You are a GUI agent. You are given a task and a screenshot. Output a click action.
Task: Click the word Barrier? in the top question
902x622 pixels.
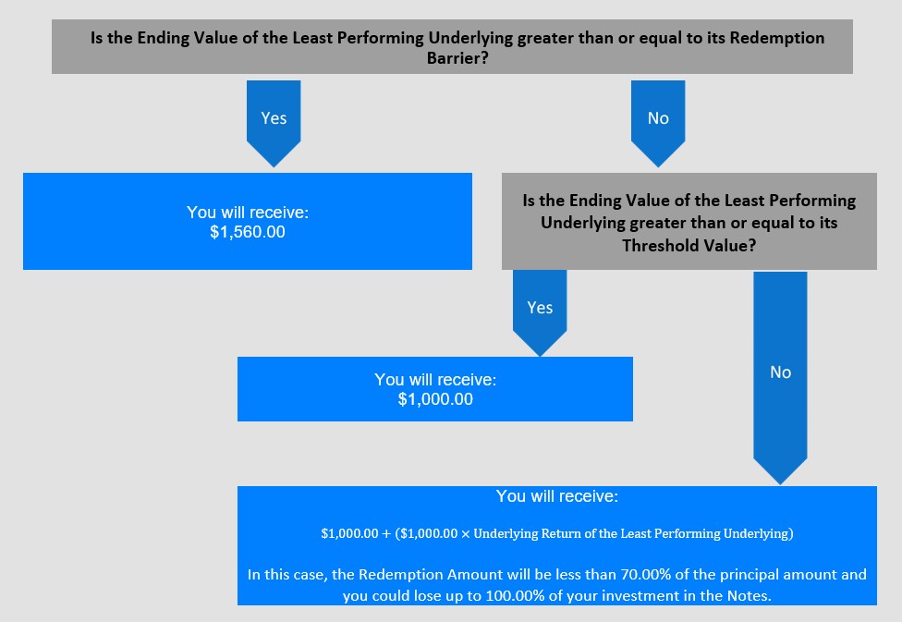pyautogui.click(x=457, y=58)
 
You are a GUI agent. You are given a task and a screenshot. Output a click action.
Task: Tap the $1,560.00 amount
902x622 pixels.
pyautogui.click(x=248, y=232)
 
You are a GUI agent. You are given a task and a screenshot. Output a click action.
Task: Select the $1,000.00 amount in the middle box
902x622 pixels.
pyautogui.click(x=435, y=398)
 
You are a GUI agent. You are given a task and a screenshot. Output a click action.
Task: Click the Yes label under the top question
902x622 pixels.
pyautogui.click(x=274, y=118)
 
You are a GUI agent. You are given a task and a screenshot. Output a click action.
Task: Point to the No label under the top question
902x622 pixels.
pyautogui.click(x=658, y=118)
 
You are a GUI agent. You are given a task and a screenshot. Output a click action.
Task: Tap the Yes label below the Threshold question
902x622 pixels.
pyautogui.click(x=540, y=308)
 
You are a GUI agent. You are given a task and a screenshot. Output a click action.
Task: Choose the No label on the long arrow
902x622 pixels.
pyautogui.click(x=781, y=372)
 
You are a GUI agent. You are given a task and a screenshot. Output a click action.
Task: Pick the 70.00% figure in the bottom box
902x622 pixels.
pyautogui.click(x=644, y=574)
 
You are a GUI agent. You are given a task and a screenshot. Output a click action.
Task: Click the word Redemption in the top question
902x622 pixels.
pyautogui.click(x=777, y=38)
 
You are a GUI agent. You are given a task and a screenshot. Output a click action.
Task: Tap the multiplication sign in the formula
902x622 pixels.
pyautogui.click(x=466, y=534)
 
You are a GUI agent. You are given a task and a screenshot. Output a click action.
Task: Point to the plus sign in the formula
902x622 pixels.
pyautogui.click(x=386, y=534)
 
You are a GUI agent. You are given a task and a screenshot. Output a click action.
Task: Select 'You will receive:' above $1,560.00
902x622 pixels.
pyautogui.click(x=248, y=213)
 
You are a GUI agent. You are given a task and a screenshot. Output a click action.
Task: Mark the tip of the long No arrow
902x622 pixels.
pyautogui.click(x=780, y=484)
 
